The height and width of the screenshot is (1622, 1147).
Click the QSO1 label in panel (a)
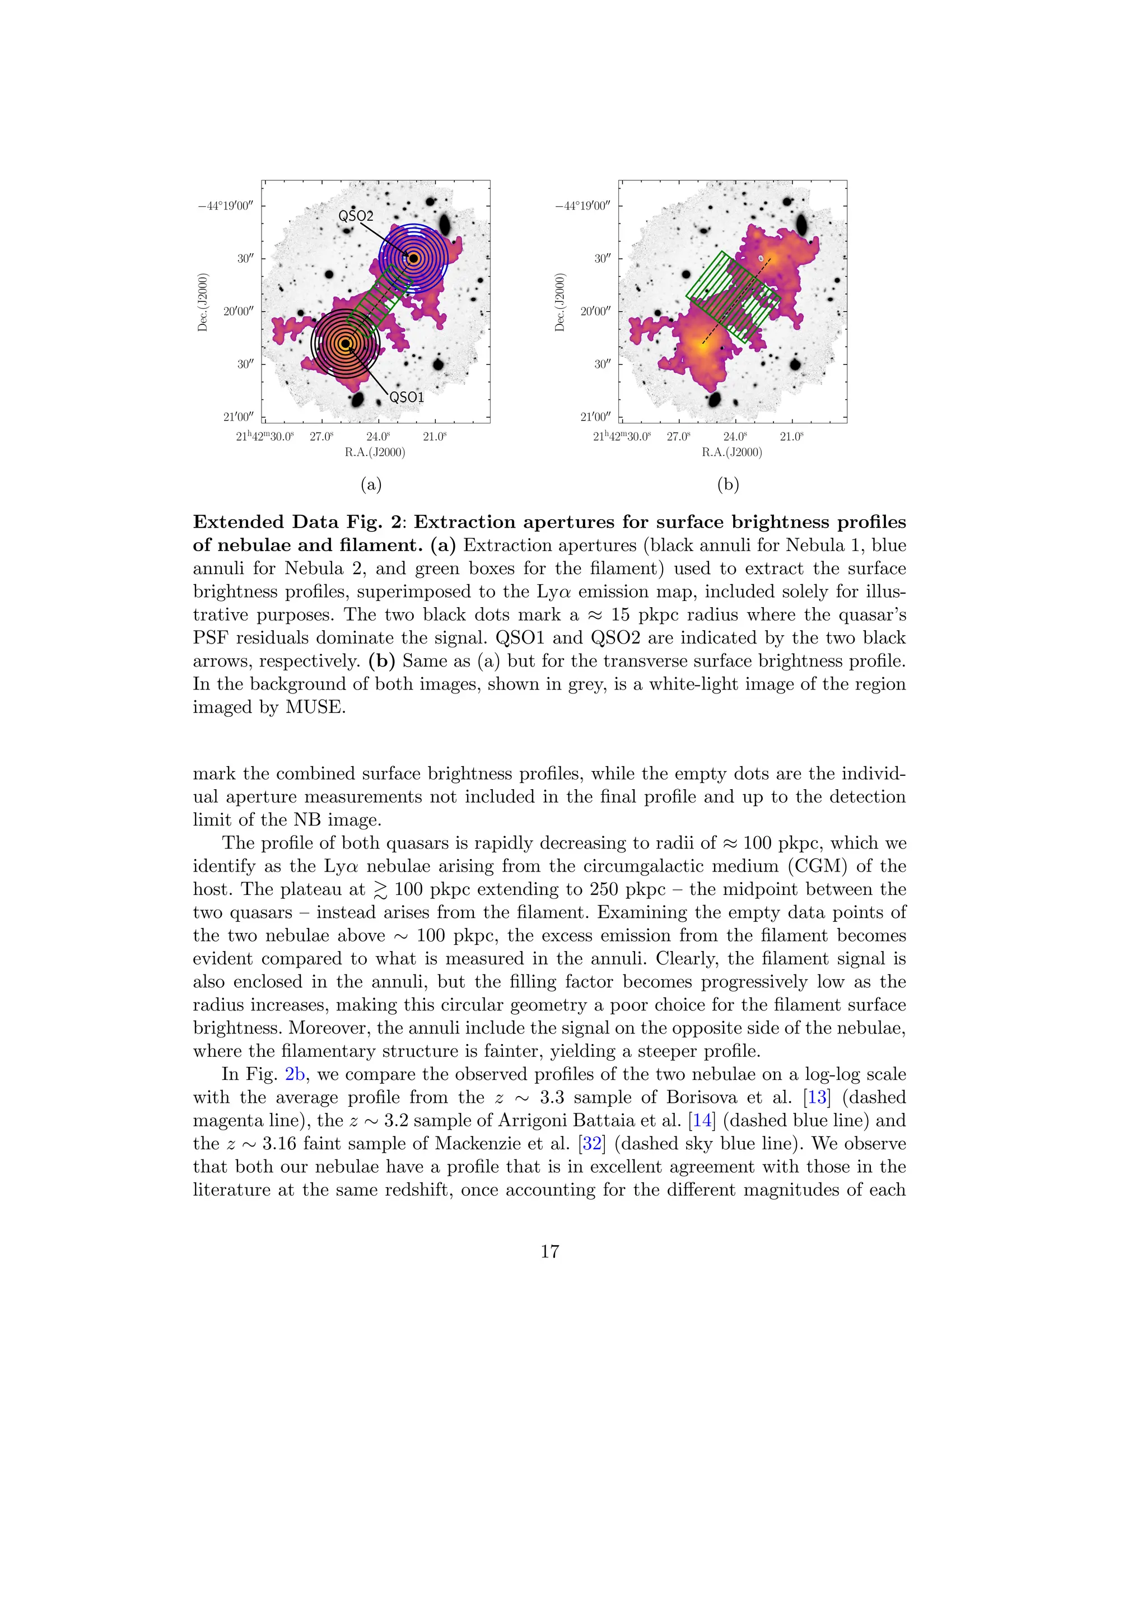click(407, 398)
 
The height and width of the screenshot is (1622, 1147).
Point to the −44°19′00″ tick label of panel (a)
click(225, 206)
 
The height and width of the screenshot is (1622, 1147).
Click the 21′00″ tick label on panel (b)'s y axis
click(595, 417)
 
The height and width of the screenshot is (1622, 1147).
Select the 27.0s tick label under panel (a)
click(321, 436)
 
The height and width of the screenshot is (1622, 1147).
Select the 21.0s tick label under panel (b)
click(791, 436)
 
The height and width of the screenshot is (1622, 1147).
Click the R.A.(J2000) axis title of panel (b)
click(731, 452)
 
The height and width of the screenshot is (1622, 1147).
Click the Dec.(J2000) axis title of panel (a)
click(203, 302)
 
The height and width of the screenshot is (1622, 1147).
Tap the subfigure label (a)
click(371, 484)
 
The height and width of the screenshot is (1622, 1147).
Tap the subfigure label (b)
click(728, 484)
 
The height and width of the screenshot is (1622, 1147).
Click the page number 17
click(549, 1252)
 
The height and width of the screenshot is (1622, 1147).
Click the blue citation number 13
click(817, 1097)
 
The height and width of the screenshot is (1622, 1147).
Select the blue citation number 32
click(592, 1144)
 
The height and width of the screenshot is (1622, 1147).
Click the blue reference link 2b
click(295, 1074)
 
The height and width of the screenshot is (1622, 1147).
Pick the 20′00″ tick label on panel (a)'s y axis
click(238, 311)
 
